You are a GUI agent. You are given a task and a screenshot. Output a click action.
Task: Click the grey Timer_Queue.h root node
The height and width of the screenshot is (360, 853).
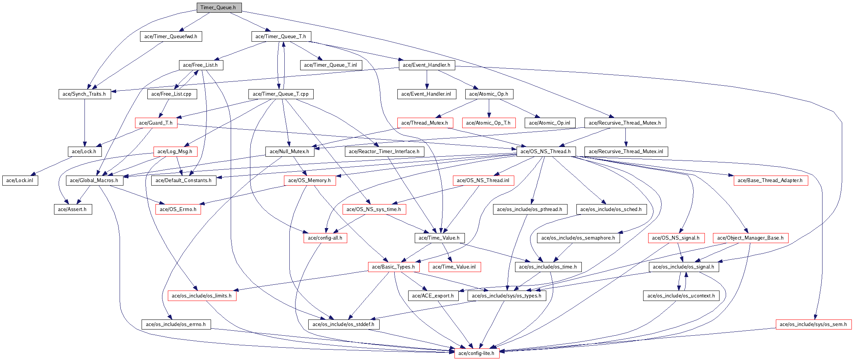coord(219,8)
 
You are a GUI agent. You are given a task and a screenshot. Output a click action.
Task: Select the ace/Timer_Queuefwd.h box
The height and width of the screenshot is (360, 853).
coord(171,37)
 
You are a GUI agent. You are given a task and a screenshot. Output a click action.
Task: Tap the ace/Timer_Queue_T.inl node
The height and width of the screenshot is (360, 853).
coord(330,65)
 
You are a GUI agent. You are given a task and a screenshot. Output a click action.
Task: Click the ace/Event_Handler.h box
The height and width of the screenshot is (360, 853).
coord(426,65)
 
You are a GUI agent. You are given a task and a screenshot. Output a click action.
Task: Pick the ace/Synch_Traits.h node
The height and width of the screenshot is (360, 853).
coord(84,94)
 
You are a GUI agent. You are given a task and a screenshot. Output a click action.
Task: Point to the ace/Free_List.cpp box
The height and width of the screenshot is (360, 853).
coord(171,94)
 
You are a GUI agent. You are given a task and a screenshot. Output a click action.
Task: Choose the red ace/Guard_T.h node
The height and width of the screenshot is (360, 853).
coord(155,123)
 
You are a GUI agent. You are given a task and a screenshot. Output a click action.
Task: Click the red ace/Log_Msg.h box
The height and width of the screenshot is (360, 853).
coord(175,152)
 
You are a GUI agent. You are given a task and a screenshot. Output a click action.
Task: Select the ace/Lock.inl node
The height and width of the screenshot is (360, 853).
coord(20,181)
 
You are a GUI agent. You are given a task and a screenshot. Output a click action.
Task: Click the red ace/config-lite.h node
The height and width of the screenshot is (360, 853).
coord(476,353)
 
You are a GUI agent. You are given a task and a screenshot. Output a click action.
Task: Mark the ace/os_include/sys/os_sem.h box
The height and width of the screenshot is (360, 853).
coord(813,325)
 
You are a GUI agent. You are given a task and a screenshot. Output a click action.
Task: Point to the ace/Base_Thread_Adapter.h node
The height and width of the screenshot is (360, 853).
coord(770,181)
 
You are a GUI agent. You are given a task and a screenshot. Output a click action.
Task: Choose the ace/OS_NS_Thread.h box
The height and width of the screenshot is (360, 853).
coord(546,152)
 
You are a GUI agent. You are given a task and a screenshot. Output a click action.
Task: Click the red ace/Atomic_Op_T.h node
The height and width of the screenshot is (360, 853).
coord(488,123)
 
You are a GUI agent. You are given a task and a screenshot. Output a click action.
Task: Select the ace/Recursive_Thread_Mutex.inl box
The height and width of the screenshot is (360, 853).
coord(626,152)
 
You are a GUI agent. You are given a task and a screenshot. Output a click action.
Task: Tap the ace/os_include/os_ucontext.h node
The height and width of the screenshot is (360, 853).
coord(681,296)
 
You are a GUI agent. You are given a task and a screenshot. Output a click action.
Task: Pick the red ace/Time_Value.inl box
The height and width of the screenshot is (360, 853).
coord(454,267)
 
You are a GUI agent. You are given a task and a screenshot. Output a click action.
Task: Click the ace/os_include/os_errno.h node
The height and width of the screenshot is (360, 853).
coord(176,325)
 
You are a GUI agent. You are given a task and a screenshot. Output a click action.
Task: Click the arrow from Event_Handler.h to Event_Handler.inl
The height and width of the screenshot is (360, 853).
coord(427,79)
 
